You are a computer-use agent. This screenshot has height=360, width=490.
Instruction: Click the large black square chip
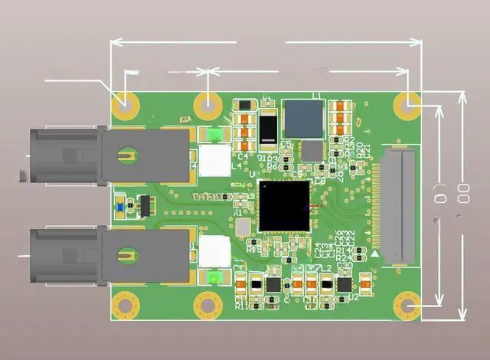[285, 205]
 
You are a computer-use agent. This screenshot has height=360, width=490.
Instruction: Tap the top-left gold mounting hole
[122, 103]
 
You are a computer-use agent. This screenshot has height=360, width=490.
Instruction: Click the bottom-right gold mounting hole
[408, 306]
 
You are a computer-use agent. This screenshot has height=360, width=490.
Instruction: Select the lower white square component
[214, 250]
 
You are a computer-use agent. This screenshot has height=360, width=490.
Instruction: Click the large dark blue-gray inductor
[303, 118]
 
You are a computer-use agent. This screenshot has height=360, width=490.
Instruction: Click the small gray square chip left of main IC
[243, 227]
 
